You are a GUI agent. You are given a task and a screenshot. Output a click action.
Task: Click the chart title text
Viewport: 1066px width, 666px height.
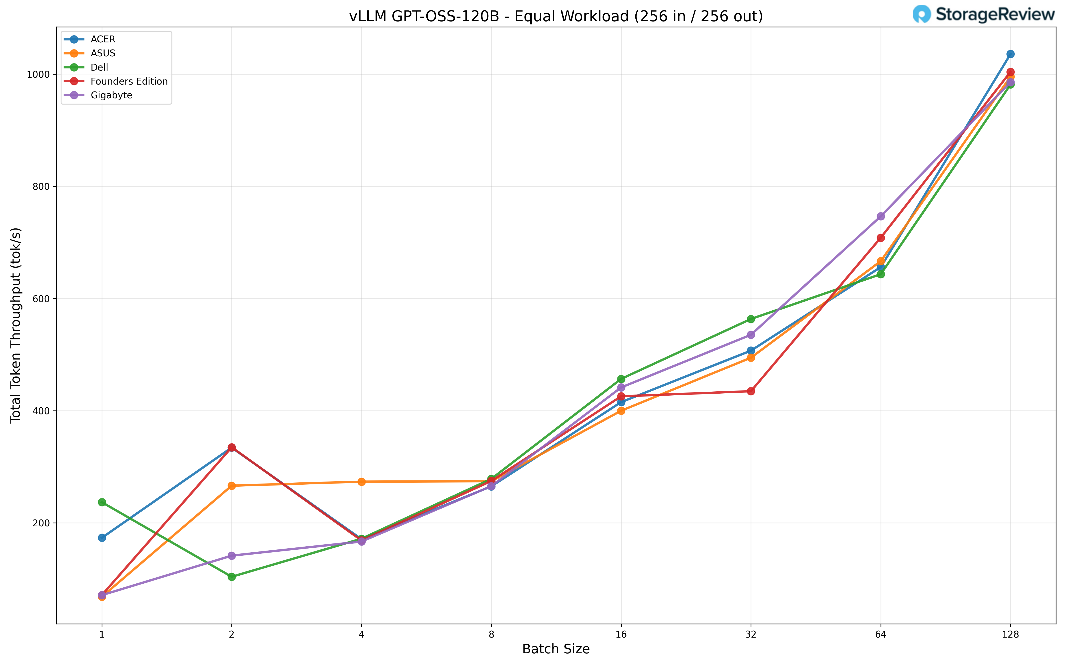tap(556, 16)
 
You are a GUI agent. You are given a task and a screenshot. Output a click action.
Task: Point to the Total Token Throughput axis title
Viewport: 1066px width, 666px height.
tap(16, 325)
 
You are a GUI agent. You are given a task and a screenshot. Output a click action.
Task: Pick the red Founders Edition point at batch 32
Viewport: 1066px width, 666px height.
tap(751, 391)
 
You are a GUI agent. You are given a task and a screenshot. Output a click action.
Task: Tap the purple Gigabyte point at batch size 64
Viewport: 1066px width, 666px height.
tap(881, 216)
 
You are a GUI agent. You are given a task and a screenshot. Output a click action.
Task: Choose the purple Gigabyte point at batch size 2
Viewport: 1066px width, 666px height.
tap(232, 556)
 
